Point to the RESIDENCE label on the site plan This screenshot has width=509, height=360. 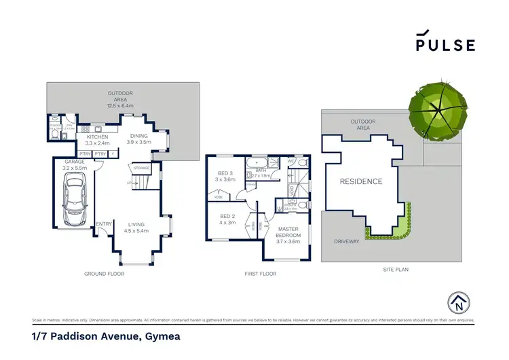pyautogui.click(x=361, y=181)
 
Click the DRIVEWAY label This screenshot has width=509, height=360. pyautogui.click(x=346, y=241)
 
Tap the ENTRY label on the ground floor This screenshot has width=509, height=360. pyautogui.click(x=104, y=224)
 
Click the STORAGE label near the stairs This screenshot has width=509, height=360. pyautogui.click(x=141, y=167)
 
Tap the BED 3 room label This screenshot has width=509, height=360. pyautogui.click(x=225, y=177)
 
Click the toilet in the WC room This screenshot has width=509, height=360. pyautogui.click(x=303, y=163)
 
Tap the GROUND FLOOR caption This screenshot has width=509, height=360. pyautogui.click(x=105, y=274)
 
